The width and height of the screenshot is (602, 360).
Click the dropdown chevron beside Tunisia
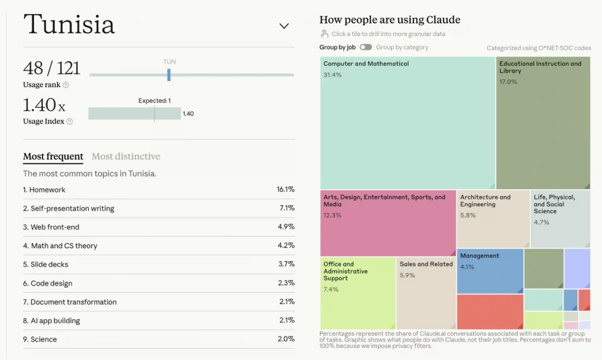pos(284,26)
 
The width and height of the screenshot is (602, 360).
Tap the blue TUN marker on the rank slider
pos(169,75)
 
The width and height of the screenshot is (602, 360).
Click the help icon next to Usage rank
pos(66,85)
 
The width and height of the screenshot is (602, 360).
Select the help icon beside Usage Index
pos(69,121)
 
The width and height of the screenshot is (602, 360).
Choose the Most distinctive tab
pos(126,156)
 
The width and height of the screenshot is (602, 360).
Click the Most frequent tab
pos(53,156)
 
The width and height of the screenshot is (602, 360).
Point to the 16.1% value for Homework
pos(286,189)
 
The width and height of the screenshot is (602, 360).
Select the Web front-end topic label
pos(55,227)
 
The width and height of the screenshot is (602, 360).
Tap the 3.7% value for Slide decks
pos(286,264)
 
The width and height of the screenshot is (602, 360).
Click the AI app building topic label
pos(55,321)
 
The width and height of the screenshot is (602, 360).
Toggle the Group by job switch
pos(366,47)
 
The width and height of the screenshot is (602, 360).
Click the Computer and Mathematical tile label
pos(366,64)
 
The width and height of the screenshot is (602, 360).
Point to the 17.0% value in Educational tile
pos(508,82)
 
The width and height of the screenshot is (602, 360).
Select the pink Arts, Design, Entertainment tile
pos(388,223)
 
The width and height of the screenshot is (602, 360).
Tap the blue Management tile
pos(490,271)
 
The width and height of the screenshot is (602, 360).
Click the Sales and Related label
pos(426,264)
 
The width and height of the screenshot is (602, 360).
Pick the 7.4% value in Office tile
pos(331,289)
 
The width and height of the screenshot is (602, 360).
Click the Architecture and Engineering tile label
pos(485,201)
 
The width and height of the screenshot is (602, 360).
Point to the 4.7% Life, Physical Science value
pos(541,222)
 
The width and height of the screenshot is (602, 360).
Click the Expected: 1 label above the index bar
pos(155,101)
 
